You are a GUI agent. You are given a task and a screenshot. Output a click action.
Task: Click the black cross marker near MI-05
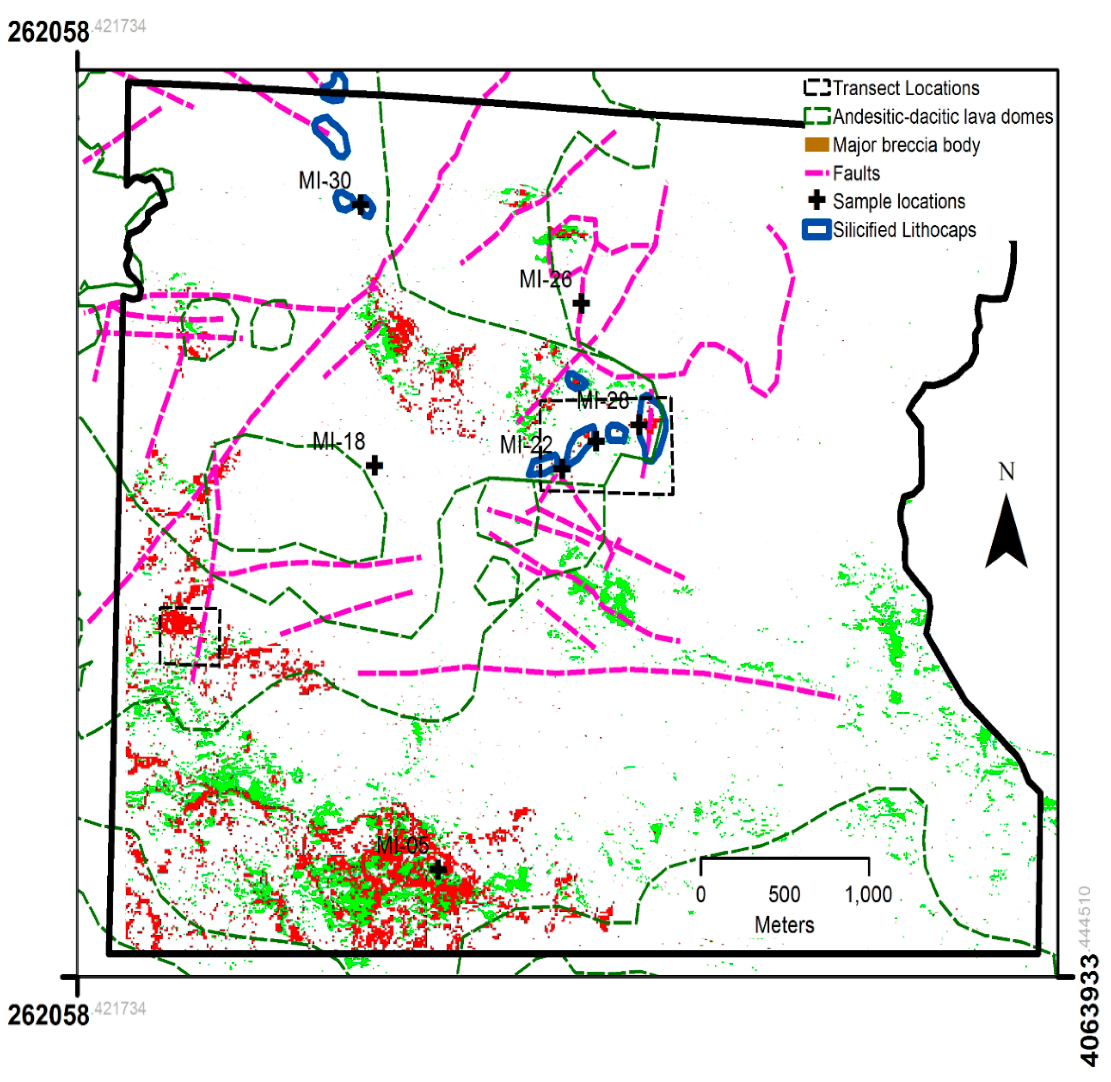(x=437, y=869)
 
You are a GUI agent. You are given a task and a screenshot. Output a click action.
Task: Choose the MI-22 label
(x=526, y=444)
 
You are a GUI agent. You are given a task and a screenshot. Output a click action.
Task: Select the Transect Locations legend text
(x=905, y=88)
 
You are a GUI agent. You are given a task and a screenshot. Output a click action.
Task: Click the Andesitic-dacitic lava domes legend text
(x=942, y=117)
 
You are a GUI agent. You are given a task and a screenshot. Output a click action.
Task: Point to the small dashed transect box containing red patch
(x=190, y=636)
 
